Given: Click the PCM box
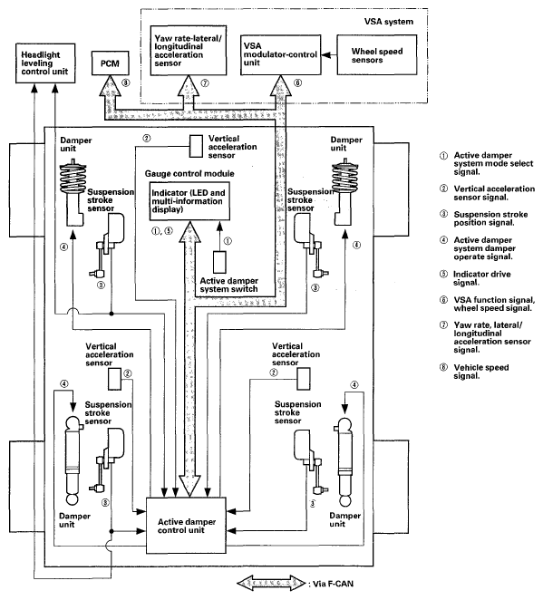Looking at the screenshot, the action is pos(111,63).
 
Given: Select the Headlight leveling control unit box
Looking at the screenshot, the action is pos(45,63).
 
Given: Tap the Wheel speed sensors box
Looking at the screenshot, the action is pos(377,55).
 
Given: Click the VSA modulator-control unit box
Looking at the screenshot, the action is pos(280,54).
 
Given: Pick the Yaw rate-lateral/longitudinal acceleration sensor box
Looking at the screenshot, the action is pos(189,51).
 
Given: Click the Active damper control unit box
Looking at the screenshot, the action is pos(187,526).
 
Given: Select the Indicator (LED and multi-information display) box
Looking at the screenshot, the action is pos(189,201).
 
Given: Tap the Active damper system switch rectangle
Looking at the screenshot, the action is pos(219,262).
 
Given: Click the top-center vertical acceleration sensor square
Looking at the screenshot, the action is pos(197,146).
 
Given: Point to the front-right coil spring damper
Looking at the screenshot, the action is pos(345,193).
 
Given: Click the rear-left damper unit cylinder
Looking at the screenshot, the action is pos(73,460).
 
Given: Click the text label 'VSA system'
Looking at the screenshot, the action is pos(388,22).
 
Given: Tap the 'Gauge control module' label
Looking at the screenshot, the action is pos(189,173).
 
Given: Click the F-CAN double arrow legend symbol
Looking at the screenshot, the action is pos(271,583).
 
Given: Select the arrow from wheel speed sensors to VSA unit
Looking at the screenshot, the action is pos(329,55).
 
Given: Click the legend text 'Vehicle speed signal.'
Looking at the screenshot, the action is pos(481,372).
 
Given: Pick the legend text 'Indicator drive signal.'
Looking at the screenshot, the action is pos(481,278).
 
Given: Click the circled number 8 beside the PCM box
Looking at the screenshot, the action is pos(126,82).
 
